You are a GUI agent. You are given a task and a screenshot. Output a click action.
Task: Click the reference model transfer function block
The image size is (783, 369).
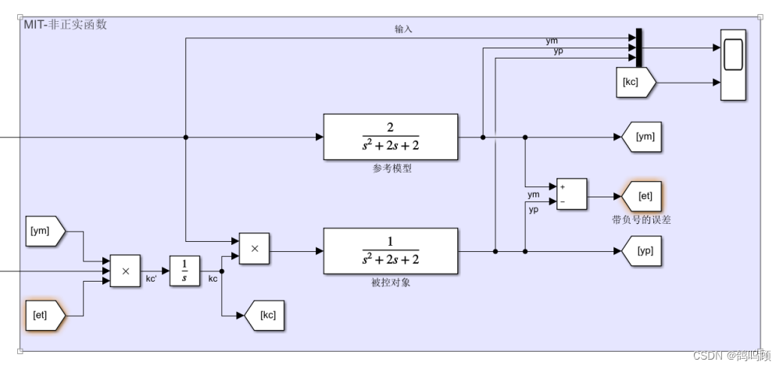pyautogui.click(x=390, y=137)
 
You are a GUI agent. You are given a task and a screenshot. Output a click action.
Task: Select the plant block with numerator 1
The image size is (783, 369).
pyautogui.click(x=390, y=250)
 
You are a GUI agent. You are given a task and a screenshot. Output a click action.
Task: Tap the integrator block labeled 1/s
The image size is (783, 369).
pyautogui.click(x=184, y=271)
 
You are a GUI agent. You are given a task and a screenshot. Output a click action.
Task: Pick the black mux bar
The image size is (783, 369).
pyautogui.click(x=638, y=48)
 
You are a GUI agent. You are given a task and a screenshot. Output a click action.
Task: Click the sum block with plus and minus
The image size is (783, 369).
pyautogui.click(x=571, y=194)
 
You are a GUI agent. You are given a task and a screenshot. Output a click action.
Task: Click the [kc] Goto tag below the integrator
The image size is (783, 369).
pyautogui.click(x=261, y=316)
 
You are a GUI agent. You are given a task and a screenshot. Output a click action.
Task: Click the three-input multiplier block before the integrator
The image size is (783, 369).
pyautogui.click(x=125, y=271)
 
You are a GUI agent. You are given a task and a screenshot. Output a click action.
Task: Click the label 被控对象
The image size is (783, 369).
pyautogui.click(x=391, y=282)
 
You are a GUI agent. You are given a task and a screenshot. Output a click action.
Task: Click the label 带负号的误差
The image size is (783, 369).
pyautogui.click(x=641, y=220)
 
